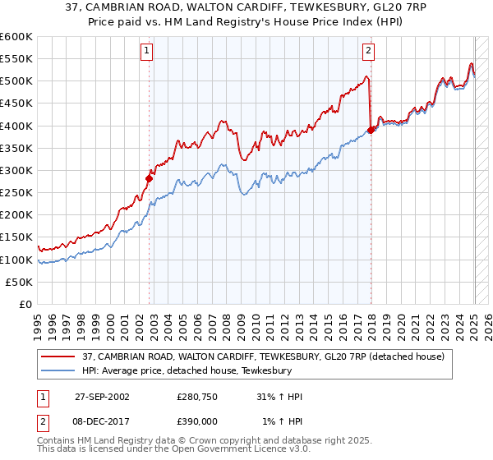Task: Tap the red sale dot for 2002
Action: [150, 177]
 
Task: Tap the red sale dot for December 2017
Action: [371, 129]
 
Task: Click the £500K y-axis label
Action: [16, 80]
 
